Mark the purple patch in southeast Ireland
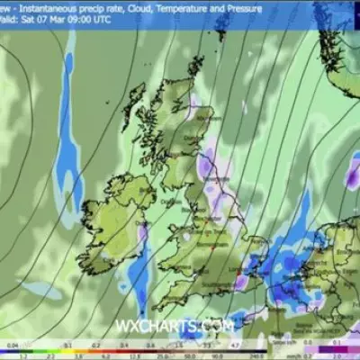pos(141,237)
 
